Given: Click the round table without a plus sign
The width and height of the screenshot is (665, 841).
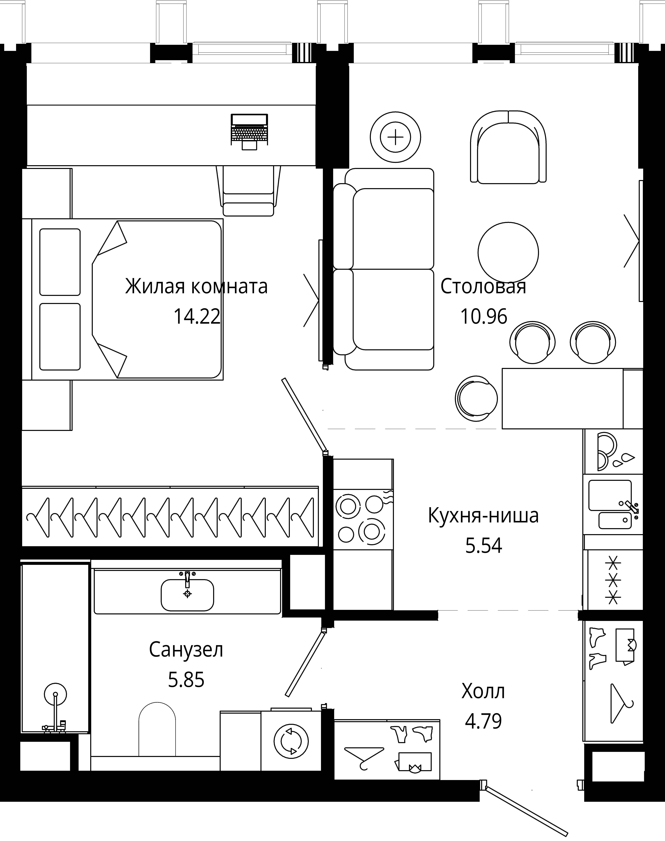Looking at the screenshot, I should tap(508, 252).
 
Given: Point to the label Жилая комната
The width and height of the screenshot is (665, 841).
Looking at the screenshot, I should tap(196, 287).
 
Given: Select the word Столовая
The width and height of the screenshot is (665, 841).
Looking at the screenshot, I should tap(483, 287).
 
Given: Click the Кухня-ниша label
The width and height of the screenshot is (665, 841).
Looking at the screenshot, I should tap(483, 516).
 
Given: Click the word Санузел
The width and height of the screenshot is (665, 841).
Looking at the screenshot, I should tap(186, 650).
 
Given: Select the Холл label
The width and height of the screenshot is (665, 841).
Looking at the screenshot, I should tap(483, 691).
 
